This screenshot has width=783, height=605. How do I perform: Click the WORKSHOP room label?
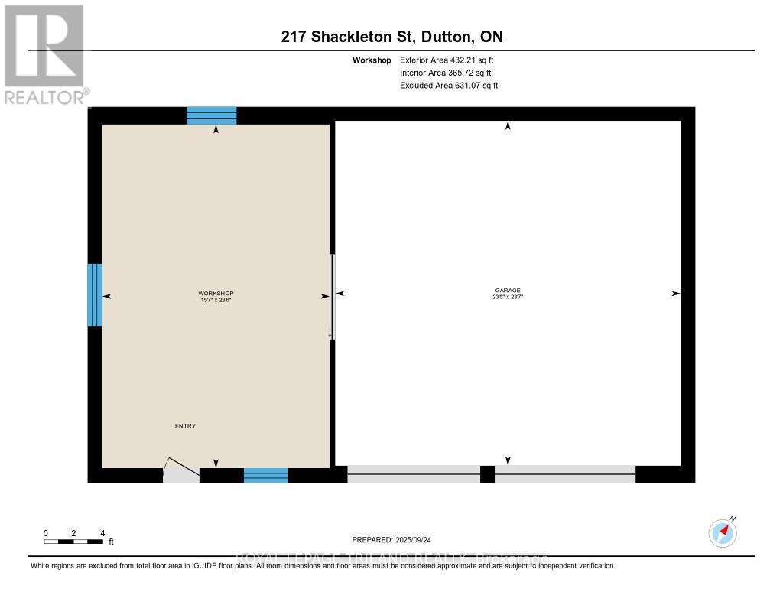pos(216,294)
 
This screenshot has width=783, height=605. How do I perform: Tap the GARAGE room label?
pos(508,291)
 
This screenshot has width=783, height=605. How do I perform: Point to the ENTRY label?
pos(186,426)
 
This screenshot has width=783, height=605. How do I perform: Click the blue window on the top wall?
pos(212,115)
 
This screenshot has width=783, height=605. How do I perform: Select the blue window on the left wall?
pos(95,294)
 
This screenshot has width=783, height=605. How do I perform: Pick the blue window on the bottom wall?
pos(265,475)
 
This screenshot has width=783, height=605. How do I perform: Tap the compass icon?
pos(723,532)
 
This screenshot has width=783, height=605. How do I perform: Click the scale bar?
pos(74,542)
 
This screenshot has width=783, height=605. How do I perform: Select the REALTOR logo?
pos(44,54)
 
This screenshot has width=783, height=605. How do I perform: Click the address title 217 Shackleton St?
pos(391,37)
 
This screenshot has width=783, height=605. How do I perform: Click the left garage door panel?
pos(414,474)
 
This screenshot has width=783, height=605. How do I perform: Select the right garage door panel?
pos(565,474)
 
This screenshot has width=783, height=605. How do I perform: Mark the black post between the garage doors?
pos(488,474)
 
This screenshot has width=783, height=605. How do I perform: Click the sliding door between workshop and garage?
pos(332,294)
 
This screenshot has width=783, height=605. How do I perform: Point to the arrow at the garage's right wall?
pos(675,294)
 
